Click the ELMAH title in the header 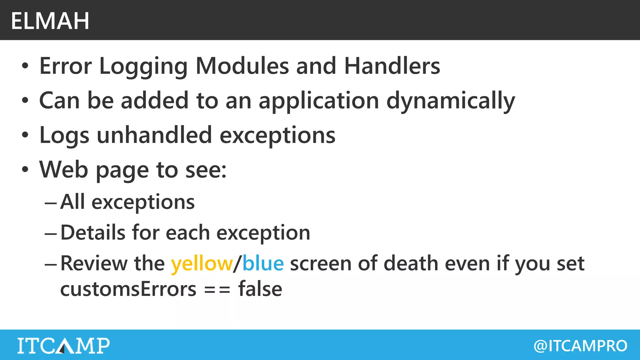[x=50, y=21]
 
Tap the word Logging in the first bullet [x=143, y=67]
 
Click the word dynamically [x=451, y=101]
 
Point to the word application [x=319, y=101]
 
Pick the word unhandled [x=154, y=135]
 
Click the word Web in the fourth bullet [x=63, y=169]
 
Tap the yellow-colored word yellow [x=202, y=263]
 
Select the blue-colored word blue [x=263, y=263]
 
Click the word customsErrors [x=128, y=289]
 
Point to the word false [x=260, y=289]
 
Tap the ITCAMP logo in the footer [x=63, y=346]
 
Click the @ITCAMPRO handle [x=580, y=346]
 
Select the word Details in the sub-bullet [x=93, y=232]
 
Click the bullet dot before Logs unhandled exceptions [x=25, y=135]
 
